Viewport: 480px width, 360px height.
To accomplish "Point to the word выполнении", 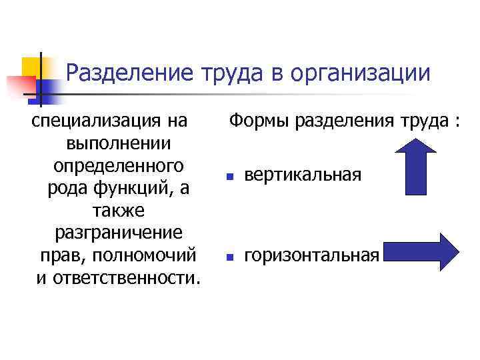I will [x=118, y=143].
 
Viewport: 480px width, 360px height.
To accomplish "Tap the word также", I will [x=117, y=210].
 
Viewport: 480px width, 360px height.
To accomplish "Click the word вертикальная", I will [x=303, y=175].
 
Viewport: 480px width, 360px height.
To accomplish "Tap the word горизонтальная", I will [x=313, y=255].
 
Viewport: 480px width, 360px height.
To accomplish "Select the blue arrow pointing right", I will [x=422, y=252].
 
